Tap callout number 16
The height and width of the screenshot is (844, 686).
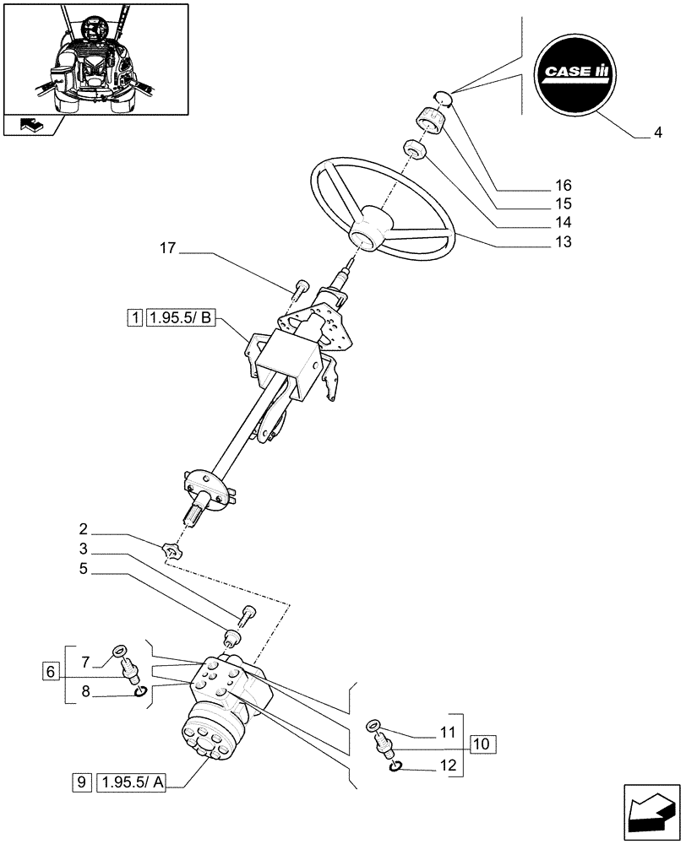pyautogui.click(x=563, y=186)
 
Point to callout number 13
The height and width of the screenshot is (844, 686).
pyautogui.click(x=563, y=242)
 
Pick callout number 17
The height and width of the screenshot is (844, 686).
pyautogui.click(x=166, y=249)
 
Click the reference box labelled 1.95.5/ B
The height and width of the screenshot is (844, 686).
pyautogui.click(x=182, y=318)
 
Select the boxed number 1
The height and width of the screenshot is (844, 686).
pyautogui.click(x=134, y=318)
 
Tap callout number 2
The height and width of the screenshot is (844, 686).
pyautogui.click(x=84, y=531)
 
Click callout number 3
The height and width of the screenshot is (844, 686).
pyautogui.click(x=84, y=549)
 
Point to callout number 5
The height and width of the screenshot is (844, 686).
pyautogui.click(x=84, y=569)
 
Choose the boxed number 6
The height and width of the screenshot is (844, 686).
pyautogui.click(x=52, y=672)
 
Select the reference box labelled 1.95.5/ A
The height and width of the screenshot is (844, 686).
pyautogui.click(x=133, y=782)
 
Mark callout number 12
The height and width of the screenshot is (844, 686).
pyautogui.click(x=449, y=767)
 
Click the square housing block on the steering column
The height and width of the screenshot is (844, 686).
pyautogui.click(x=286, y=360)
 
